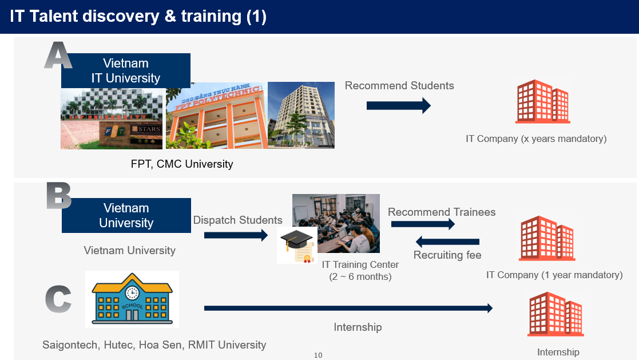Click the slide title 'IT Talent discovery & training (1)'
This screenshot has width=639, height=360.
138,16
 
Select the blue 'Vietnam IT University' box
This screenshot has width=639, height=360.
125,70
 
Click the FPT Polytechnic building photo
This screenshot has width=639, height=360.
217,116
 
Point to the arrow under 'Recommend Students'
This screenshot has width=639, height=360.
399,105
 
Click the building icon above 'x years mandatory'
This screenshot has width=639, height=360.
542,101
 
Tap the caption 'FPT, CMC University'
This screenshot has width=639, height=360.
182,164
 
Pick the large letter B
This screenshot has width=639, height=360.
59,195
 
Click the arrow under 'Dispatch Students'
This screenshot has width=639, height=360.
236,235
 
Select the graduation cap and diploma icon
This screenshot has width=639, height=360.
297,246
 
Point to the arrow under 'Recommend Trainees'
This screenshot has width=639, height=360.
423,224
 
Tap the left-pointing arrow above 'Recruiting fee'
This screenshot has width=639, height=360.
447,242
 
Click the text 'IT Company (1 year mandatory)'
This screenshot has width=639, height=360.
554,275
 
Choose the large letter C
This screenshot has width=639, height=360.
58,299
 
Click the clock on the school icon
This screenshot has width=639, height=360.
132,292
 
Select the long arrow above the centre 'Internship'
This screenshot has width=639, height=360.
348,308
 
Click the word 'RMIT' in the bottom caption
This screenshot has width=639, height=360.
201,345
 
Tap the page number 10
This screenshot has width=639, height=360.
318,355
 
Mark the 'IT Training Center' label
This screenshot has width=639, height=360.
360,264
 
